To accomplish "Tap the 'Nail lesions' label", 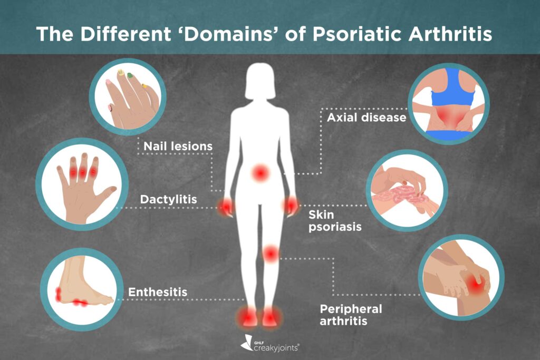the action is tap(178, 147).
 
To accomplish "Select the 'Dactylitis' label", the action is tap(168, 200).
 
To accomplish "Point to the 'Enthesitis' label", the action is tap(158, 292).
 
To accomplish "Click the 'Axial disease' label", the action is tap(367, 118).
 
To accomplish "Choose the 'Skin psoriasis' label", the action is tap(335, 221).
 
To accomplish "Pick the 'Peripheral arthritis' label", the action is tap(351, 315).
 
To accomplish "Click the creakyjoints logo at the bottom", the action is tap(270, 344).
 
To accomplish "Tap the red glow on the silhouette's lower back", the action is tap(260, 172).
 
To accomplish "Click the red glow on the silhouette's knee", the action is tap(271, 254).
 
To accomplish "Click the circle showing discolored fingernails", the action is tap(128, 97).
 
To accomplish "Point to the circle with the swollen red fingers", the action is tap(82, 184).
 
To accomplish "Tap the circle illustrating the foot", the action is tap(82, 289).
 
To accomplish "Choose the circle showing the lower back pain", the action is tap(449, 104).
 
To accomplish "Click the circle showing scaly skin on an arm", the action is tap(407, 190).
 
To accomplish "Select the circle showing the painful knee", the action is tap(461, 277).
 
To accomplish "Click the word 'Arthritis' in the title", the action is tap(450, 34).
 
